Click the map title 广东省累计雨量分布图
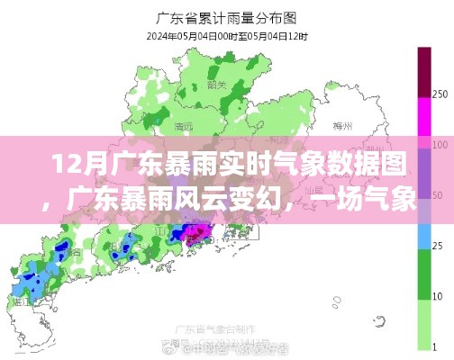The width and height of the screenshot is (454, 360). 226,15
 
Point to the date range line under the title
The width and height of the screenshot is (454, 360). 226,35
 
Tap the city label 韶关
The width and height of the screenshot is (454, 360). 216,85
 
